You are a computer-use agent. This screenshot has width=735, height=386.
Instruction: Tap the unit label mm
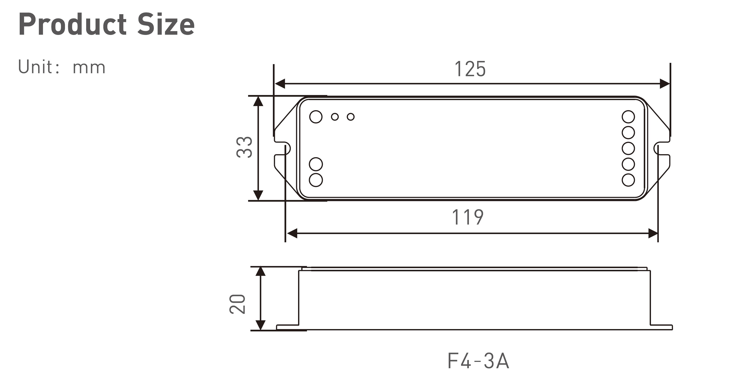click(x=89, y=68)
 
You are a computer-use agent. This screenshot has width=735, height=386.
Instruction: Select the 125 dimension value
click(x=470, y=69)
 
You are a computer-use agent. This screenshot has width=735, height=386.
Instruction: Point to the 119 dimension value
click(x=468, y=217)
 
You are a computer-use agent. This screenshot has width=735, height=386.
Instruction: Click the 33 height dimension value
click(x=245, y=147)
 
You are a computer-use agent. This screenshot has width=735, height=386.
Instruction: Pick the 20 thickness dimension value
click(x=237, y=304)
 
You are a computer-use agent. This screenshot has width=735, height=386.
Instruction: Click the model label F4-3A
click(x=478, y=361)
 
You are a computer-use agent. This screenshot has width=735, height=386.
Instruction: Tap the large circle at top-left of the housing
click(x=316, y=117)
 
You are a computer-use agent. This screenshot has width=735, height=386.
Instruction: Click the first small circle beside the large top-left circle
click(x=335, y=117)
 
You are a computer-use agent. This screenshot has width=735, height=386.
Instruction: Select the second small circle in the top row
click(x=351, y=117)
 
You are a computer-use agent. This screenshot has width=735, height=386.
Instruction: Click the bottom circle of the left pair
click(x=316, y=180)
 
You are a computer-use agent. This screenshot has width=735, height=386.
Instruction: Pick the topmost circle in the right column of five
click(x=628, y=117)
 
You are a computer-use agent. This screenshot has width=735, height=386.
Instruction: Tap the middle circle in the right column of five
click(x=628, y=148)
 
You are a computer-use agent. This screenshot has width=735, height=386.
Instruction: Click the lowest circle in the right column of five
click(x=628, y=180)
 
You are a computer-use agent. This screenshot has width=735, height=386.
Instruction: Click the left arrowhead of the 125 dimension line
click(x=280, y=84)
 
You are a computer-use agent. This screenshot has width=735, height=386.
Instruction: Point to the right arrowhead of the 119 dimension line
click(x=653, y=233)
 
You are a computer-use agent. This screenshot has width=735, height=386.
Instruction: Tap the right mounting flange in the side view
click(x=661, y=327)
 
